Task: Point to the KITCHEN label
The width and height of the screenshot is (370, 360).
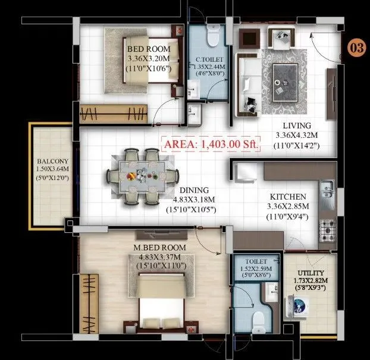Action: coord(289,197)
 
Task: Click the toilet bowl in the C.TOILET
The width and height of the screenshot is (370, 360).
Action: coord(212,37)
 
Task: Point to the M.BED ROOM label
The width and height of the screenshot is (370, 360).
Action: coord(161,247)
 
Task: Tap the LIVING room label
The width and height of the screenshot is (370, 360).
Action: coord(297,125)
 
